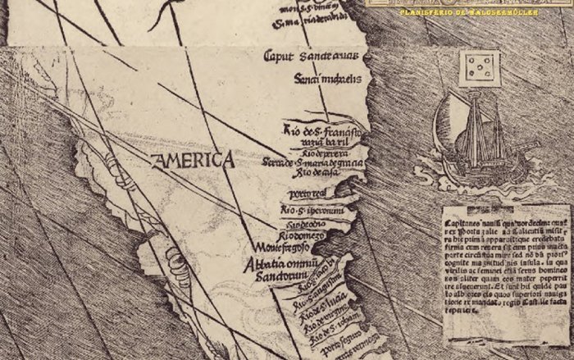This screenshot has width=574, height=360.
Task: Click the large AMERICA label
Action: [193, 160]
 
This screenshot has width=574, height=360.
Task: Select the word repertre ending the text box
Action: [458, 335]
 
